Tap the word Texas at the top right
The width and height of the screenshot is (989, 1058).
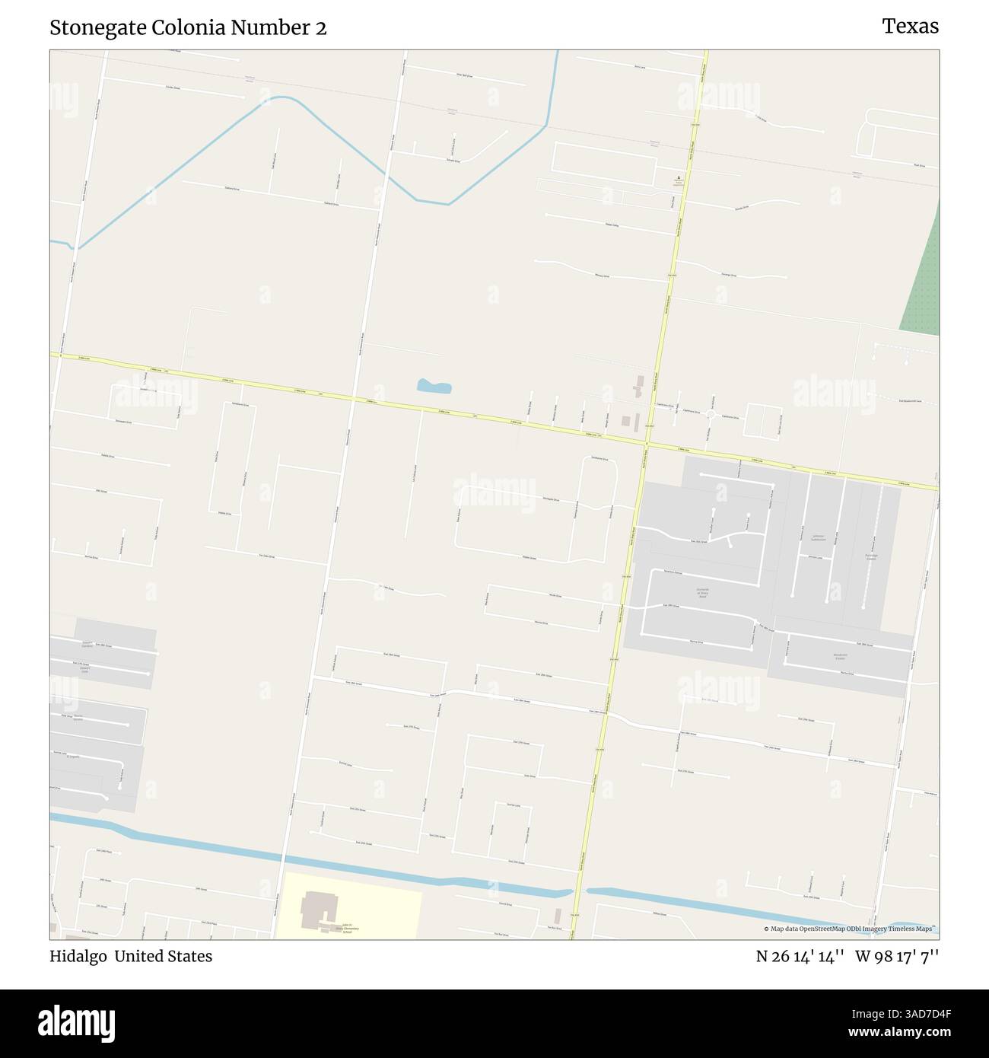point(910,27)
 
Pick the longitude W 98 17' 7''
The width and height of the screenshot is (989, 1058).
point(897,956)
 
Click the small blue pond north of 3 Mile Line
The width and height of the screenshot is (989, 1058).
point(434,387)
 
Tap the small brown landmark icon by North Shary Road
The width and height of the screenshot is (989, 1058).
point(677,180)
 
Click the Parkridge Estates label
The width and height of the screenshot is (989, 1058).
point(872,557)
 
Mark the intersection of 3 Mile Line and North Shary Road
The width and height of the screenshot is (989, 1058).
point(645,442)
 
